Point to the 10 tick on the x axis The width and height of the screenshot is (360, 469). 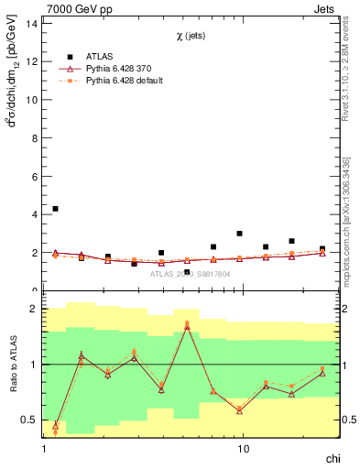click(x=243, y=450)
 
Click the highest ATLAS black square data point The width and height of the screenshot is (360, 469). click(x=56, y=209)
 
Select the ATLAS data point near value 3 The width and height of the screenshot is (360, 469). click(x=239, y=234)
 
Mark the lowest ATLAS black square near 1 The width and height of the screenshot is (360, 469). click(x=187, y=272)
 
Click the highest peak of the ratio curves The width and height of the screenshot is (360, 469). click(x=187, y=324)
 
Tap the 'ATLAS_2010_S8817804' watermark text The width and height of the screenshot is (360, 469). click(x=191, y=274)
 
